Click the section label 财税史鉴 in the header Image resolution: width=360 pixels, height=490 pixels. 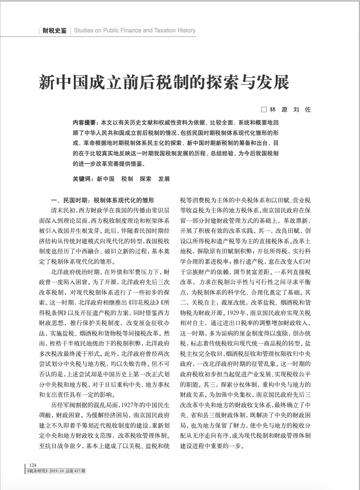tap(55, 30)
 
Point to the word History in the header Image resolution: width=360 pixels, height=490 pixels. tap(186, 30)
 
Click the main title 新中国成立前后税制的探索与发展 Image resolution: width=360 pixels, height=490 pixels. tap(164, 83)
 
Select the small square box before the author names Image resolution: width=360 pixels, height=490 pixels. tap(264, 110)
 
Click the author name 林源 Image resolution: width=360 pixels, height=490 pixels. tap(279, 110)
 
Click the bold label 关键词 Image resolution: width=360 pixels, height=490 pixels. tap(82, 179)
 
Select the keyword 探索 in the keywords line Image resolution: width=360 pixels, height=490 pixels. tap(146, 179)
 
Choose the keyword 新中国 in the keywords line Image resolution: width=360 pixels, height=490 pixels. tap(105, 179)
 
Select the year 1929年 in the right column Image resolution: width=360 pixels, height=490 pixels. tap(235, 312)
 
